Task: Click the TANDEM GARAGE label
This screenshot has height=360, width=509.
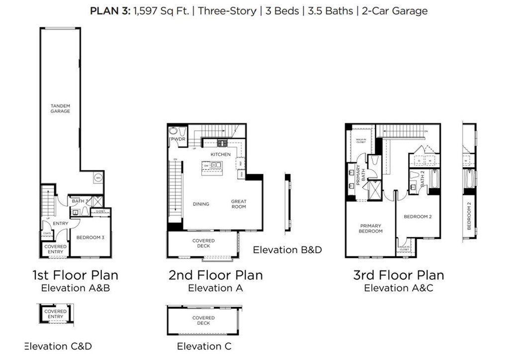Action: pos(60,108)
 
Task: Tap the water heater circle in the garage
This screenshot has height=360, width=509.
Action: pos(98,178)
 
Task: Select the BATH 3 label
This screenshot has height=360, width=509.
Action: pos(79,201)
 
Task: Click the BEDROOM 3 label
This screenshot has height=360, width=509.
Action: pos(90,237)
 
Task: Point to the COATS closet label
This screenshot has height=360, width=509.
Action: pos(47,233)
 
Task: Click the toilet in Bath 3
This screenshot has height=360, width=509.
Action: pos(85,211)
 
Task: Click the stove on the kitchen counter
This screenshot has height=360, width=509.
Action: pos(221,143)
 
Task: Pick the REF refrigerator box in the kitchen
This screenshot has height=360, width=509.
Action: pos(241,163)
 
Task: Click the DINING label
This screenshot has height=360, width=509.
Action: pos(201,204)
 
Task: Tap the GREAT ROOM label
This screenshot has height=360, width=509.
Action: pos(239,204)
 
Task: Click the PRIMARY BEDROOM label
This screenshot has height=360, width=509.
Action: pos(371,228)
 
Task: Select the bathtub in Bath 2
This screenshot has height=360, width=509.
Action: pos(433,180)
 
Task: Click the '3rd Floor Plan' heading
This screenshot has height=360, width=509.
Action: pos(399,275)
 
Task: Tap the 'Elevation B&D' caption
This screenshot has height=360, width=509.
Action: pos(287,250)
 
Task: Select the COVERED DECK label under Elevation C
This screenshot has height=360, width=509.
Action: pos(203,320)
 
